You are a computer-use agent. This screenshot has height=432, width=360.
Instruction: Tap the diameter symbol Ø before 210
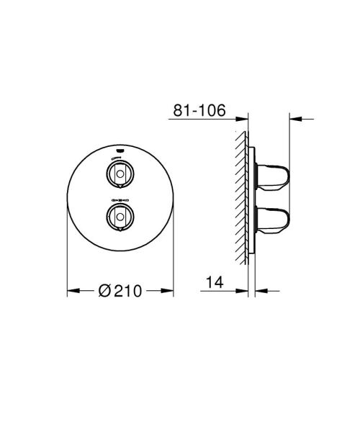(104, 291)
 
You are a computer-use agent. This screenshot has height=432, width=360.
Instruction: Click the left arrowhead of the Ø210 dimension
(71, 291)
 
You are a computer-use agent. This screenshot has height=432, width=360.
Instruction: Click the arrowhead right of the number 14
(243, 292)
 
